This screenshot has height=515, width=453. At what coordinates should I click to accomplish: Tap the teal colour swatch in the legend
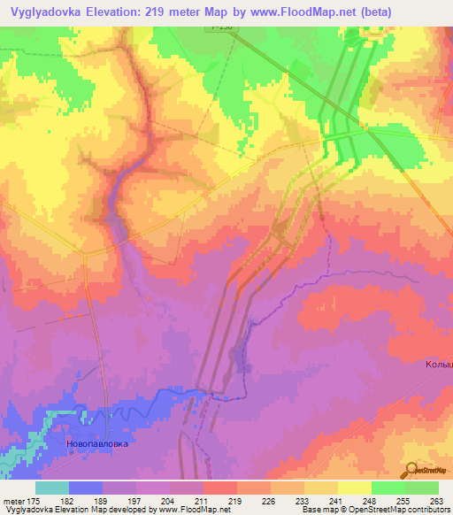[52, 488]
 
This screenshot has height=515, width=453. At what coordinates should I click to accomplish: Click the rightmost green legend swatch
[422, 488]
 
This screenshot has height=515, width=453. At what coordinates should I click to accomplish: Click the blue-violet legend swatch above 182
[86, 488]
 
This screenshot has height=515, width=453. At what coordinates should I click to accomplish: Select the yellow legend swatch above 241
[321, 488]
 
